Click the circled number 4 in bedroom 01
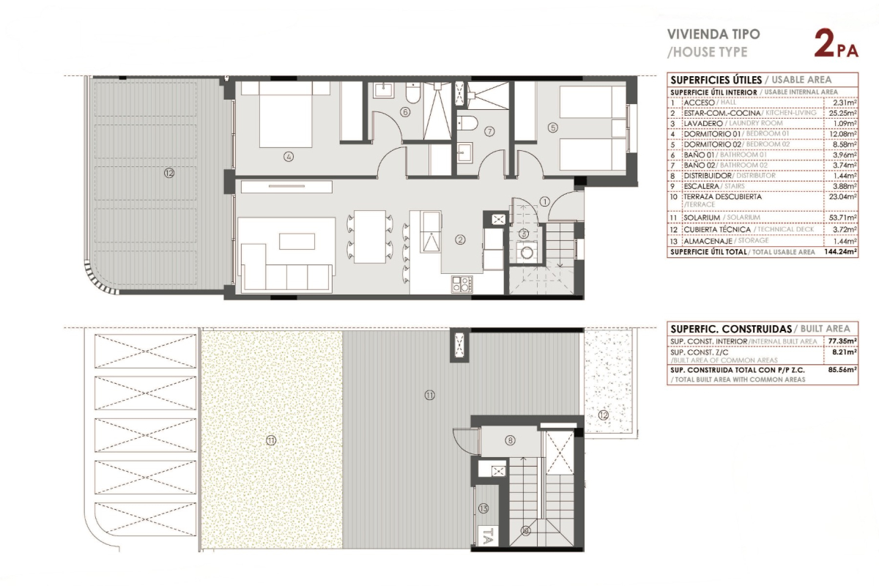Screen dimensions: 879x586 point(289,157)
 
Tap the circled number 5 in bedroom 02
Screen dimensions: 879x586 point(552,127)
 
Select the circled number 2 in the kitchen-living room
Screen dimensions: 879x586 point(460,240)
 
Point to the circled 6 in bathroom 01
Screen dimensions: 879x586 point(405,112)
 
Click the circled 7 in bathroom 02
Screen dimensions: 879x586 point(489,132)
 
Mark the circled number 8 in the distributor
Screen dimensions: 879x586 point(510,440)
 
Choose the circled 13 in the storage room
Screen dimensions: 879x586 point(483,508)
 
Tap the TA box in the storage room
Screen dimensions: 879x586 point(488,535)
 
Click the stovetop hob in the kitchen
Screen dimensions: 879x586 point(462,284)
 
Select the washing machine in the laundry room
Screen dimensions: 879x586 point(526,253)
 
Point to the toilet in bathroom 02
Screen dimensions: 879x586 point(467,123)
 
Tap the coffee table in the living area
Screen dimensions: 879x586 point(297,242)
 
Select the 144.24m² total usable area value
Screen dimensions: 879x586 point(840,251)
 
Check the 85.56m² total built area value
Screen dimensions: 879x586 point(842,369)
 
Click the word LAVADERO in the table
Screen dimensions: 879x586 point(702,124)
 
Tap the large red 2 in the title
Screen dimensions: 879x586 point(825,43)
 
